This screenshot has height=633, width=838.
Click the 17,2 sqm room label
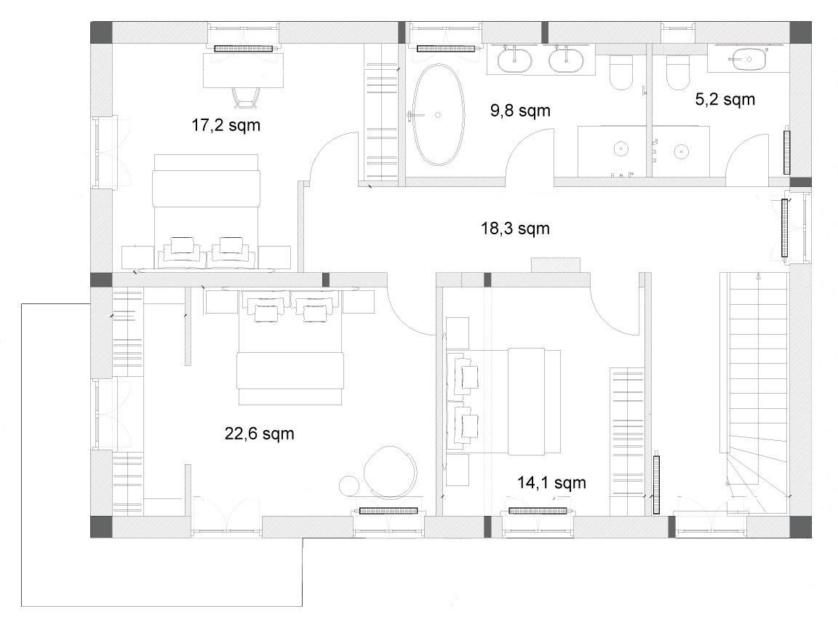click(226, 125)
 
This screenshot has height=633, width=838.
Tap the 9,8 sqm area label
click(520, 110)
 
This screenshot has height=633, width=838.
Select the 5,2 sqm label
click(725, 99)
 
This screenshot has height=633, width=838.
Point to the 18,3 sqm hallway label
click(515, 228)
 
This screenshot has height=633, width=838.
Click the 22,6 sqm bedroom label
click(259, 433)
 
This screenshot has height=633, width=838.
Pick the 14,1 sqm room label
click(551, 483)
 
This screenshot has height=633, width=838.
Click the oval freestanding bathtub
click(438, 115)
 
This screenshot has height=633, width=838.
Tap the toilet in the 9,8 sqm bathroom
click(621, 71)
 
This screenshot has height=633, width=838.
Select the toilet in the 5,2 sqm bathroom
click(677, 71)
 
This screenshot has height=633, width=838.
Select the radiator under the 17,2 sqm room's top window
click(243, 49)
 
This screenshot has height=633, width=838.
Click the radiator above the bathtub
click(446, 49)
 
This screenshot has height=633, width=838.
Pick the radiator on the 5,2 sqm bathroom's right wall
click(786, 152)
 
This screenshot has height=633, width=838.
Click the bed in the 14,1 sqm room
click(503, 401)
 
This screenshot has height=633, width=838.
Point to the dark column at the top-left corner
click(101, 33)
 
